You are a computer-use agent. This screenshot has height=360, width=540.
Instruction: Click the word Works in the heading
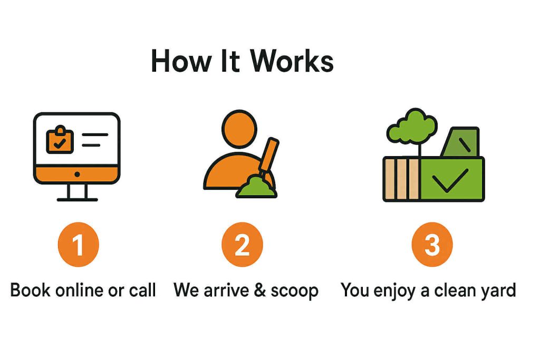(292, 61)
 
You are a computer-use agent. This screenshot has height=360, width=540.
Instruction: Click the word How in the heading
(181, 61)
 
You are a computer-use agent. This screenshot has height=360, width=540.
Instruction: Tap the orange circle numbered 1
(79, 245)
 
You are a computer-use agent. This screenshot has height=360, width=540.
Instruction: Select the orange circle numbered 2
(242, 245)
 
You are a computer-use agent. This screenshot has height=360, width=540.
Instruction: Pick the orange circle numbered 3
(432, 245)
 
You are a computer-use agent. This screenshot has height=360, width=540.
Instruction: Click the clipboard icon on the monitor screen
(60, 140)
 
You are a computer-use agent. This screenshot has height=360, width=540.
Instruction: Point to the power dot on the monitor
(77, 174)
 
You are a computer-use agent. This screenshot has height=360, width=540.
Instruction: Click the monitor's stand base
(77, 199)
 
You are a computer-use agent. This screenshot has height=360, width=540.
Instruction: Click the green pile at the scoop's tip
(256, 187)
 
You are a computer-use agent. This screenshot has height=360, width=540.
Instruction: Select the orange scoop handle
(268, 155)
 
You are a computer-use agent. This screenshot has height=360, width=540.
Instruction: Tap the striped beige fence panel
(401, 179)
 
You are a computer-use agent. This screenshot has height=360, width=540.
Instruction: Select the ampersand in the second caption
(259, 290)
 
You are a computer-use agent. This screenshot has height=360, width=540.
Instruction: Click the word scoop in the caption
(294, 291)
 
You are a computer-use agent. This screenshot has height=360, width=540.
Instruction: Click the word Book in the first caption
(30, 290)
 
